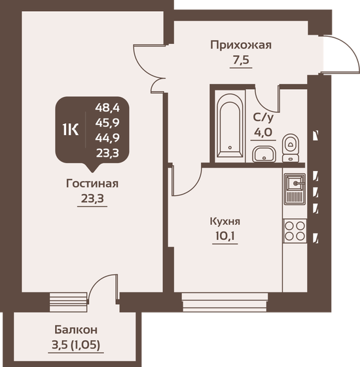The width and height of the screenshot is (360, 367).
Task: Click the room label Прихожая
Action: (x=240, y=45)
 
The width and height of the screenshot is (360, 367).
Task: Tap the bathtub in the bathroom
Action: (x=229, y=126)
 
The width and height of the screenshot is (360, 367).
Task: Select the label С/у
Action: (x=264, y=118)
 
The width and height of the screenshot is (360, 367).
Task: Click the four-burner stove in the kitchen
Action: (x=295, y=231)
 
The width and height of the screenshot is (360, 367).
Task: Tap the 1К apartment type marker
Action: (x=70, y=129)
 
